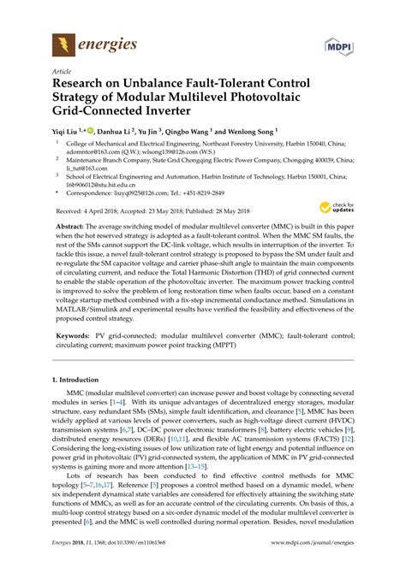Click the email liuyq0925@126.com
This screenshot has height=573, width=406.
[x=158, y=192]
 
